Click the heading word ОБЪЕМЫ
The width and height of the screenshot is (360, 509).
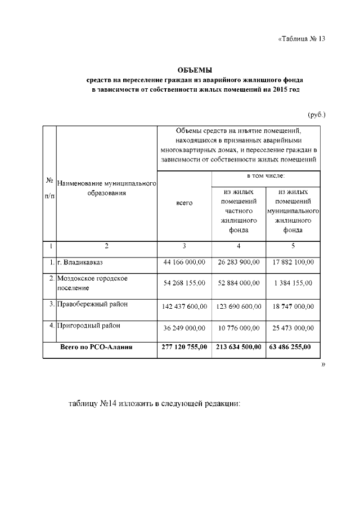pyautogui.click(x=195, y=70)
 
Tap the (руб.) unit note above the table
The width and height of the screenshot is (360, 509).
pyautogui.click(x=317, y=115)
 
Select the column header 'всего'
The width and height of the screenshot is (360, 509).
pyautogui.click(x=184, y=203)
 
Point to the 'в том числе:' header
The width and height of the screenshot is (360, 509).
pyautogui.click(x=266, y=175)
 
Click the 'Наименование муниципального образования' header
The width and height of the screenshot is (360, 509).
pyautogui.click(x=106, y=188)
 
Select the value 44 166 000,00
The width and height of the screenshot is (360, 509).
pyautogui.click(x=184, y=263)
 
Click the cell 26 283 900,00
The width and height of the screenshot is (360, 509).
pyautogui.click(x=238, y=263)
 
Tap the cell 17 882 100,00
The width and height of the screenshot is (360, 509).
pyautogui.click(x=293, y=263)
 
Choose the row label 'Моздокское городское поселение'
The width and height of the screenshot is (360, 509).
pyautogui.click(x=92, y=283)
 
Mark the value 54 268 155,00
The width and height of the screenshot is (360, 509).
pyautogui.click(x=184, y=283)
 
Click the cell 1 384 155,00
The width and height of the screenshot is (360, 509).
pyautogui.click(x=293, y=283)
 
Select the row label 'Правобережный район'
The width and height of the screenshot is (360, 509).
pyautogui.click(x=92, y=305)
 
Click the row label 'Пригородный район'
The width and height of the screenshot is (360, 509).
pyautogui.click(x=88, y=326)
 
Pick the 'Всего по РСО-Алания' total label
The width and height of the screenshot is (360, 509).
pyautogui.click(x=96, y=347)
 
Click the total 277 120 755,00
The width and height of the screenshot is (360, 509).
pyautogui.click(x=184, y=347)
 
